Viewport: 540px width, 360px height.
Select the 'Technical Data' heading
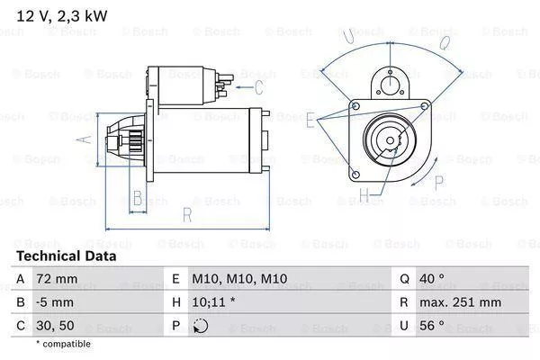[x=66, y=256]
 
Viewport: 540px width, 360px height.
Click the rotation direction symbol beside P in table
[x=200, y=326]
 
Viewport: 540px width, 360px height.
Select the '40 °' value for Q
[x=434, y=280]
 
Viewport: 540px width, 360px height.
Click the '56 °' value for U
[x=434, y=326]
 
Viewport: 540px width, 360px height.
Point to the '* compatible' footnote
[x=63, y=344]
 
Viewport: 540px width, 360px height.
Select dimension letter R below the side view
[x=186, y=214]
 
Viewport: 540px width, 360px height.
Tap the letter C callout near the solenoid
[x=258, y=87]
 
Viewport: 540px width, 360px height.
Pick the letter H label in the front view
[x=364, y=193]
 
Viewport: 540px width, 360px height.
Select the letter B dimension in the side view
[x=137, y=198]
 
